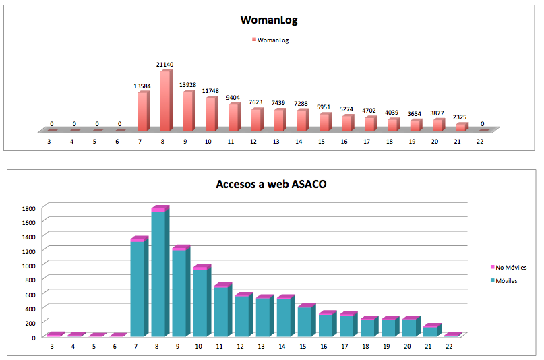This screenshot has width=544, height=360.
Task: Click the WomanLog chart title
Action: coord(269,20)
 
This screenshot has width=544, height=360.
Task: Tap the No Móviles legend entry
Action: coord(510,268)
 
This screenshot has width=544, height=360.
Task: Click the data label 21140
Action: coord(164,65)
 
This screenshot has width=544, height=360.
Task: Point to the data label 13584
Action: coord(142,86)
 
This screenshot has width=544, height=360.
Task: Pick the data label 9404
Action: coord(233,98)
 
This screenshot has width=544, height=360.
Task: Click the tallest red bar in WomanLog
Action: coord(165,101)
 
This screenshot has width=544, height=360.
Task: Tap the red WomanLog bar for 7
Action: coord(142,112)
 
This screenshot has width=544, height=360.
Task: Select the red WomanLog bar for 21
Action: coord(460,127)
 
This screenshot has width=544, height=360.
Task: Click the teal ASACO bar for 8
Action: coord(158,273)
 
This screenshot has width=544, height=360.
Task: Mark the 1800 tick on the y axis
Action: coord(28,208)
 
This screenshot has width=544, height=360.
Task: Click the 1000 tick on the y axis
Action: coord(28,265)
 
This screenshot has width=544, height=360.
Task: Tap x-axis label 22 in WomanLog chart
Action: coord(480,143)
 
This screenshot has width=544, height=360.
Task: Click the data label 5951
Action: coord(324,107)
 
